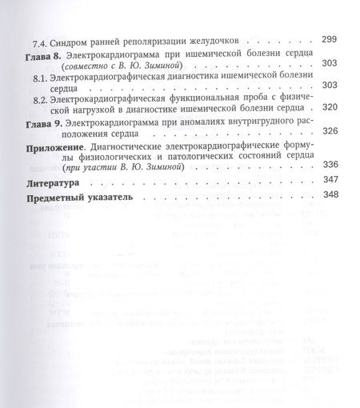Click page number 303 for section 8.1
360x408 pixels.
pyautogui.click(x=328, y=84)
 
